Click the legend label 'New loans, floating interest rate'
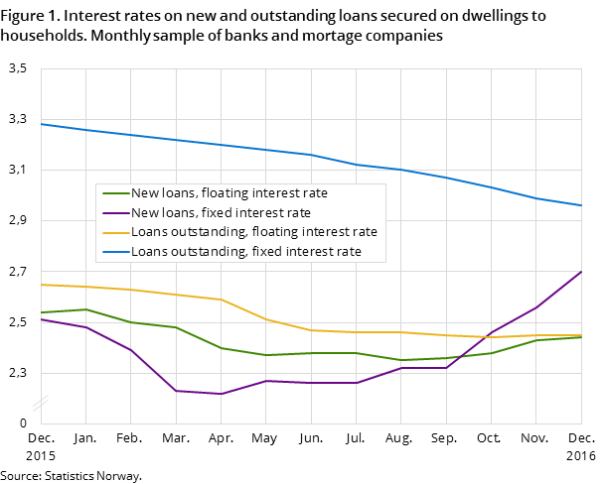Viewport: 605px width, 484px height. (x=229, y=193)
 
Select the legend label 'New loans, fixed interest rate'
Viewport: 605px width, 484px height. (x=221, y=213)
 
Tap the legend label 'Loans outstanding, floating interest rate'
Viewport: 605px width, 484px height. (x=254, y=232)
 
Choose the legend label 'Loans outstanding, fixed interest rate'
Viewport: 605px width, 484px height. (x=246, y=252)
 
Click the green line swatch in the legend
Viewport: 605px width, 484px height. (x=116, y=193)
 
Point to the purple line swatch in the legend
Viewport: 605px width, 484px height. (x=116, y=213)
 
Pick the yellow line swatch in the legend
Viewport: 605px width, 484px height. (x=116, y=232)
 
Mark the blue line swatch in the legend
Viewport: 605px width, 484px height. (x=116, y=252)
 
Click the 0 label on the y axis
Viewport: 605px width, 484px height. (x=21, y=423)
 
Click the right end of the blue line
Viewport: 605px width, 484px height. (x=581, y=205)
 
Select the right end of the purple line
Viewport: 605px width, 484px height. (x=581, y=272)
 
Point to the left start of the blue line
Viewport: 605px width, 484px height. (x=41, y=124)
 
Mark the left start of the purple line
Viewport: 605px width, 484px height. (x=41, y=319)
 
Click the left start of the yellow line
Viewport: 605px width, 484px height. (x=41, y=285)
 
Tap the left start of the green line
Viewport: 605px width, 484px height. (x=41, y=312)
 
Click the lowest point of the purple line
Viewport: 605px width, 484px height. (x=221, y=394)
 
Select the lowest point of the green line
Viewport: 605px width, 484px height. (x=401, y=360)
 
